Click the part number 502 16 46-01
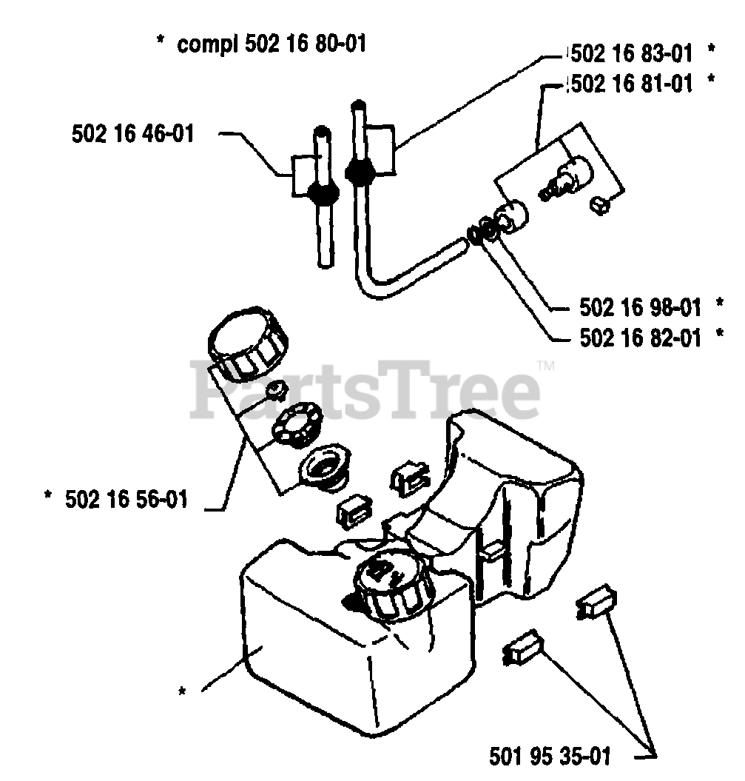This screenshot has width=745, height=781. (x=133, y=134)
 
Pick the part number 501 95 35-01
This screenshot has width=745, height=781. (x=550, y=756)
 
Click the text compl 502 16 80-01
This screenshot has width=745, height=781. (x=272, y=45)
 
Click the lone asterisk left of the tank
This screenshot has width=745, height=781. (x=181, y=692)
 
